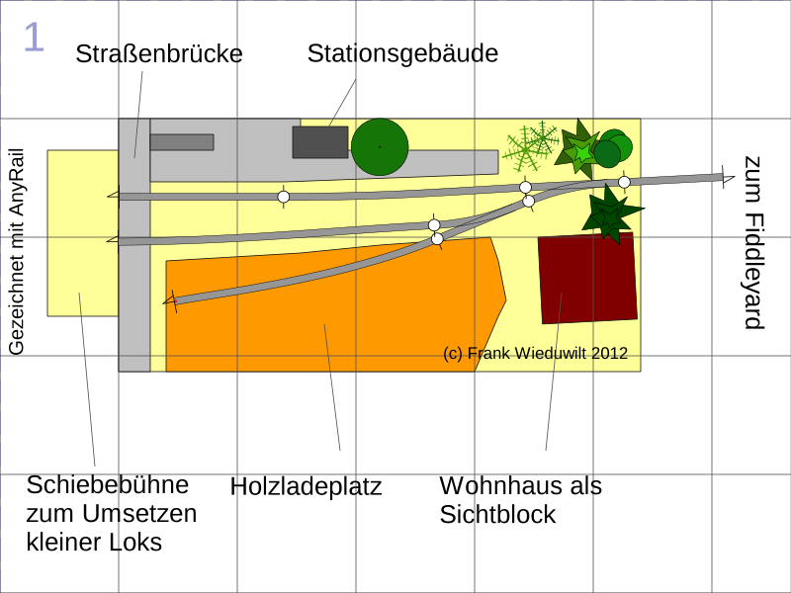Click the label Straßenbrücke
(159, 54)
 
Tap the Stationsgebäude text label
(402, 53)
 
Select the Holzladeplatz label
(306, 487)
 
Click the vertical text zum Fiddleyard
(753, 243)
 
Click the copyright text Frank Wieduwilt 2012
(536, 353)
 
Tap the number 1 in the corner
(34, 38)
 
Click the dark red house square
(587, 279)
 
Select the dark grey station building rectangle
(319, 142)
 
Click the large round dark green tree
(380, 147)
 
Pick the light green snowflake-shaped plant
(531, 146)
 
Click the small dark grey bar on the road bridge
(182, 142)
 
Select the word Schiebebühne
(108, 485)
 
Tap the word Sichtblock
(497, 515)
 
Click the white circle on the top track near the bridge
(284, 197)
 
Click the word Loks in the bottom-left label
(136, 543)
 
